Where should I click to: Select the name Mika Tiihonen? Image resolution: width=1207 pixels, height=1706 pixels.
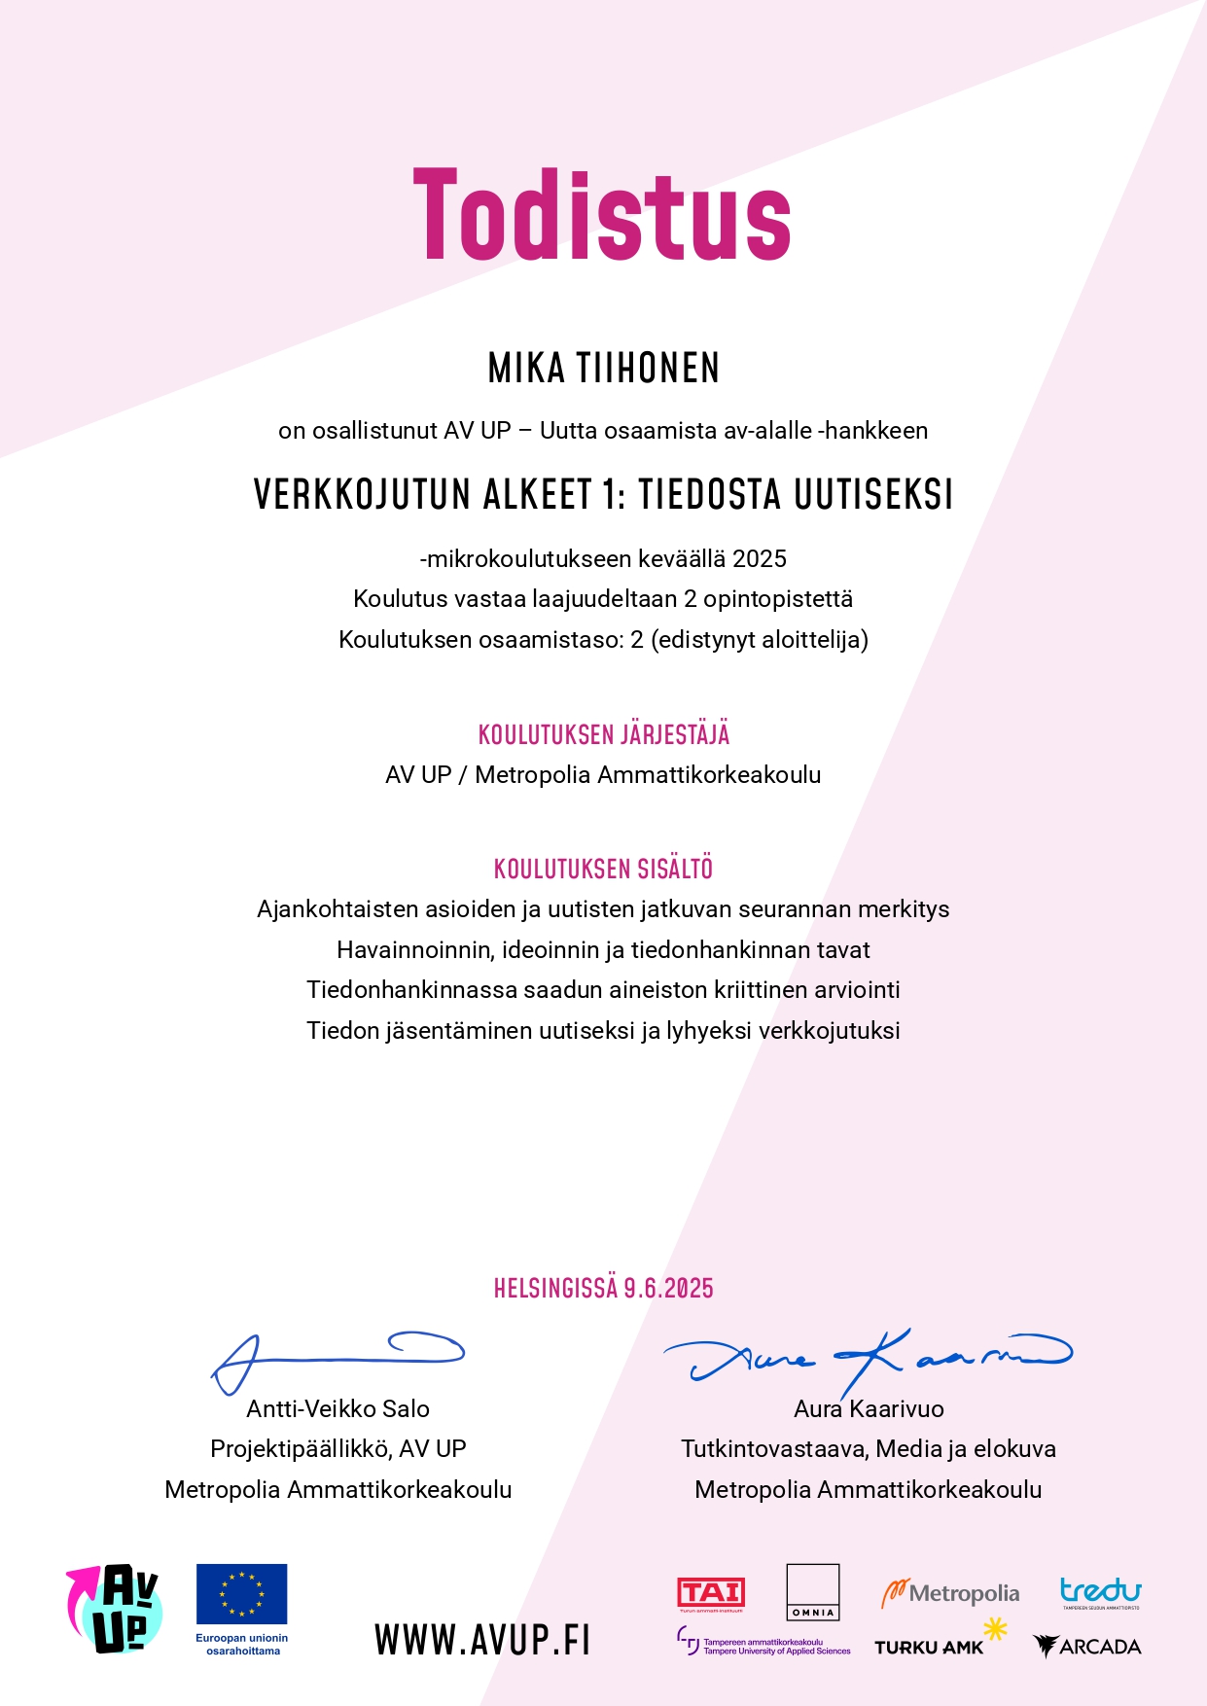[603, 369]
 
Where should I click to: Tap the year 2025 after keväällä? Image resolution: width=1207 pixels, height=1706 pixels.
[760, 558]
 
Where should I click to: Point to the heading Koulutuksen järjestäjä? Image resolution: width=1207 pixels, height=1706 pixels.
[603, 734]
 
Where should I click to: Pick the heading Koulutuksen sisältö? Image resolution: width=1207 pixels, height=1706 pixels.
[603, 869]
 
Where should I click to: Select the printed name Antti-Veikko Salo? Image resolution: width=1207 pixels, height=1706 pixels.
[337, 1408]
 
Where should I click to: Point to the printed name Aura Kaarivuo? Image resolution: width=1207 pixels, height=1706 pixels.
[869, 1408]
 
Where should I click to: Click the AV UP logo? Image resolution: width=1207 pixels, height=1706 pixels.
[115, 1609]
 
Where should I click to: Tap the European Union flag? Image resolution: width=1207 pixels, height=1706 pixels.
[241, 1593]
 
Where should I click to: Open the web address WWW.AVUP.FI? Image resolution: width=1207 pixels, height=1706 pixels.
[482, 1640]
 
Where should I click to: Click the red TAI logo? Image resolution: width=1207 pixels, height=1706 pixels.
[711, 1593]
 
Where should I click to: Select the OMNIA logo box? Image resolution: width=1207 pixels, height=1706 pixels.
[812, 1591]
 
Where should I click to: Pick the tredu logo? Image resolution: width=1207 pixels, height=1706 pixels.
[1100, 1591]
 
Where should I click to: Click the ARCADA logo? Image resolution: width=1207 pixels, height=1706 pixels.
[1087, 1646]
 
